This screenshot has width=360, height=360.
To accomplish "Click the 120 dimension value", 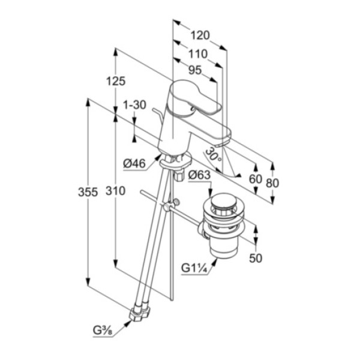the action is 200,35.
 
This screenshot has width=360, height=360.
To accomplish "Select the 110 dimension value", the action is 198,54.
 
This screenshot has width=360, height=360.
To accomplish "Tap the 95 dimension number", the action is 195,70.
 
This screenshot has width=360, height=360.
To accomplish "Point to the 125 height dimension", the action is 116,81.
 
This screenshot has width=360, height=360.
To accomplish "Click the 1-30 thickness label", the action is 134,105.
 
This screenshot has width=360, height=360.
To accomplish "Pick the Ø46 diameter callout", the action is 134,164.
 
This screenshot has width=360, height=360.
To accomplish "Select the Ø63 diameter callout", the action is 199,175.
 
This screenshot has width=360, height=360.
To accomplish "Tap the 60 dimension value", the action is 256,179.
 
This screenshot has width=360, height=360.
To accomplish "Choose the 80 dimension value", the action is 272,183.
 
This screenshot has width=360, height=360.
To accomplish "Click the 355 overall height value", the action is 88,192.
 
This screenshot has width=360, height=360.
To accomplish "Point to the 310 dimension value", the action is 115,191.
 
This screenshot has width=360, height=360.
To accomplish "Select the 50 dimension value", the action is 256,259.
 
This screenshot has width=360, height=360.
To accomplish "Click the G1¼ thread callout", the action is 194,268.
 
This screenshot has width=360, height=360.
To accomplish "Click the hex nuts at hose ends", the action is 140,312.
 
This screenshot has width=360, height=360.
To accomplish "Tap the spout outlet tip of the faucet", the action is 222,144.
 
